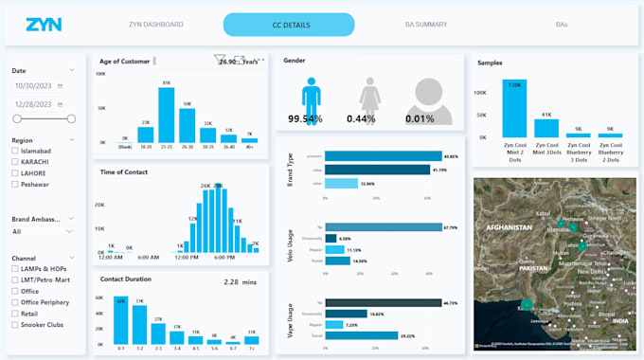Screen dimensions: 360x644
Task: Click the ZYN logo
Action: (x=45, y=24)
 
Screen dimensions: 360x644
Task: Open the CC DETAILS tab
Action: (x=289, y=24)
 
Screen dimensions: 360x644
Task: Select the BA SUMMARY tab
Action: (x=424, y=24)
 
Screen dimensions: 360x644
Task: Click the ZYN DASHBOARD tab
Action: (x=155, y=24)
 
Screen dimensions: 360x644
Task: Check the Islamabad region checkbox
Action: (x=16, y=151)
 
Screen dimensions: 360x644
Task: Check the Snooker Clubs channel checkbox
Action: (x=16, y=324)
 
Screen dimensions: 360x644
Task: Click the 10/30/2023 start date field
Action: (x=39, y=86)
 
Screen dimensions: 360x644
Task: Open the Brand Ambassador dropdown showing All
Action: (x=44, y=230)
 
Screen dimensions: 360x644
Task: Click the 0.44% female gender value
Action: (x=374, y=118)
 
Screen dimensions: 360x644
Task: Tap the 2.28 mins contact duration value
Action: (x=236, y=281)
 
